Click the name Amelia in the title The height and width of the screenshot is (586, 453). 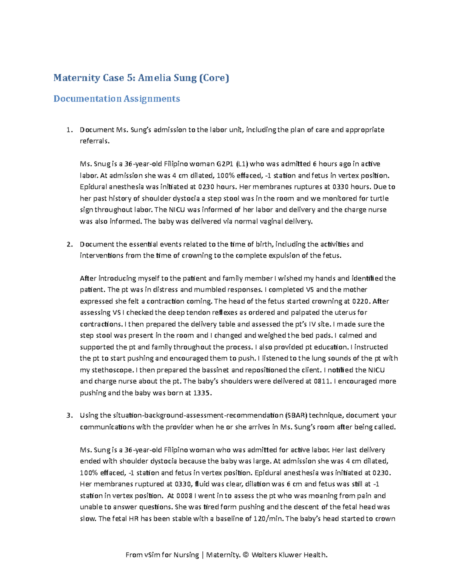coord(154,78)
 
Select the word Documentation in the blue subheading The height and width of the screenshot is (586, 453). coord(87,99)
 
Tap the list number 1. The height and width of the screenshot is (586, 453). coord(69,130)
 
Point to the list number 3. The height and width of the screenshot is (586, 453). coord(69,415)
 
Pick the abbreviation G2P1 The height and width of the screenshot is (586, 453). coord(225,164)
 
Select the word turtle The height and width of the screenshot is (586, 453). coord(379,198)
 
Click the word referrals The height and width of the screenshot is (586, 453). coord(94,141)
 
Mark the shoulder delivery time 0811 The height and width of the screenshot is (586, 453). coord(323,381)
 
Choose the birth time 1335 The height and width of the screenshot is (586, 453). coord(202,393)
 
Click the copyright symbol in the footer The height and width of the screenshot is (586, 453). coord(246,555)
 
